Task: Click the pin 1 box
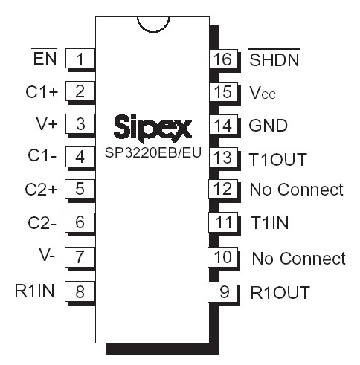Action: [x=80, y=59]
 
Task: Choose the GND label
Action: [x=269, y=126]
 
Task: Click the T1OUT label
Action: [x=278, y=159]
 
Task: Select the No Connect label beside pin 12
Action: [x=297, y=190]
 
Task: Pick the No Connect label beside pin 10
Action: [x=298, y=259]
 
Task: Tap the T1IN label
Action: [x=270, y=223]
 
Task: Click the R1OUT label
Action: [x=280, y=292]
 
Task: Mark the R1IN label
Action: [x=35, y=290]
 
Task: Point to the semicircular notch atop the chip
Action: [x=153, y=22]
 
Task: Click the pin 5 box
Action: [x=80, y=189]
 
